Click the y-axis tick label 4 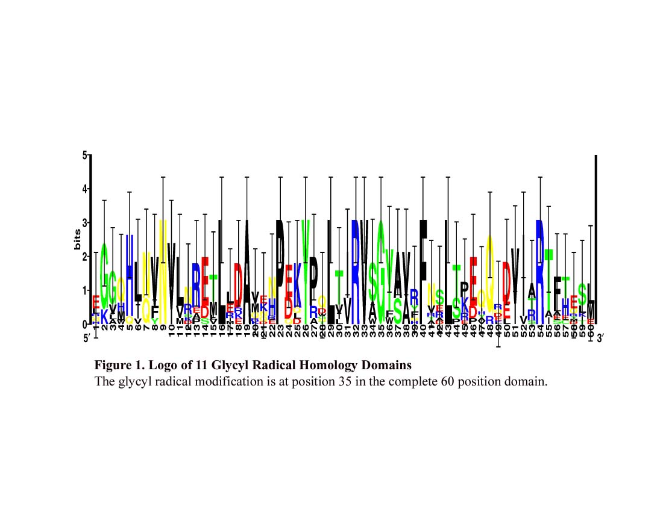85,189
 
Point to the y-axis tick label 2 85,257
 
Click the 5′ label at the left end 87,339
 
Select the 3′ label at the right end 600,339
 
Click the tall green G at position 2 104,274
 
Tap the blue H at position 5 130,271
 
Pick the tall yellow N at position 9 163,265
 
